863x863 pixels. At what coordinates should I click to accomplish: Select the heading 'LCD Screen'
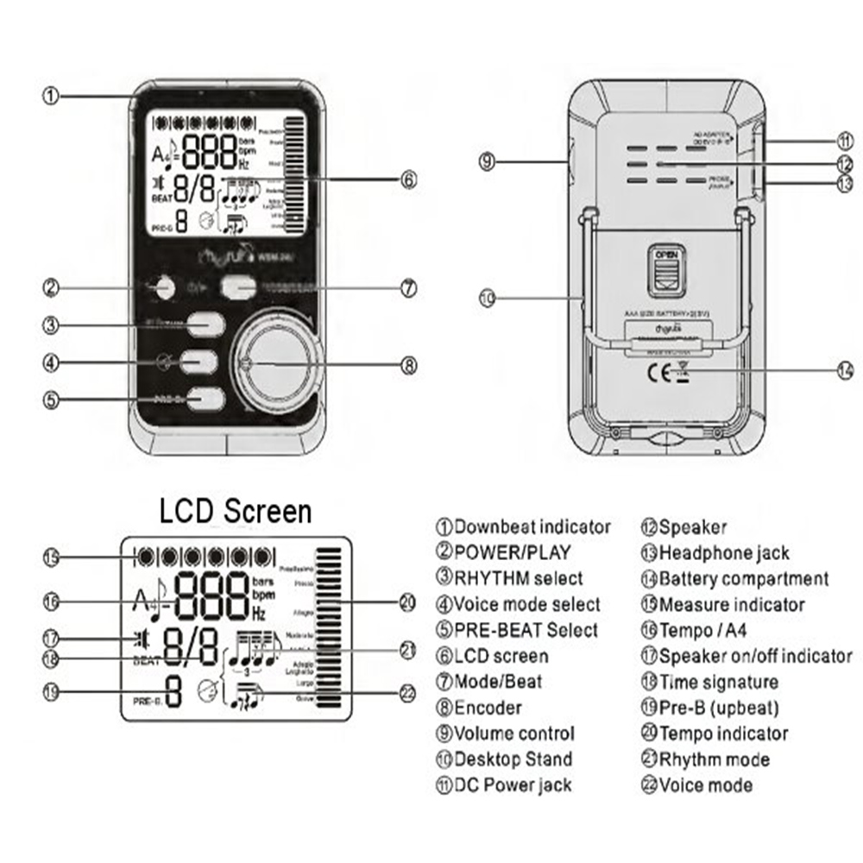coord(235,511)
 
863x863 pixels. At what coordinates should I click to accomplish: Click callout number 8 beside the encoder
coord(409,364)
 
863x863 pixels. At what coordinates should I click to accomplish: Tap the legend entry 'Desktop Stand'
coord(513,760)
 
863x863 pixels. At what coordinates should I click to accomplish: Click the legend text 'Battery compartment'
coord(743,579)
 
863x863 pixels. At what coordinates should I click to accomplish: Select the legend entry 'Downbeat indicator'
coord(532,527)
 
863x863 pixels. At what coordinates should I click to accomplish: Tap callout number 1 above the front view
coord(51,96)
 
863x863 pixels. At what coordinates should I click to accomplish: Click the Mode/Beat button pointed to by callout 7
coord(237,288)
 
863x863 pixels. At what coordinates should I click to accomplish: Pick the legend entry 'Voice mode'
coord(704,786)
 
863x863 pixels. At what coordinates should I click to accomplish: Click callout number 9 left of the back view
coord(488,161)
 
